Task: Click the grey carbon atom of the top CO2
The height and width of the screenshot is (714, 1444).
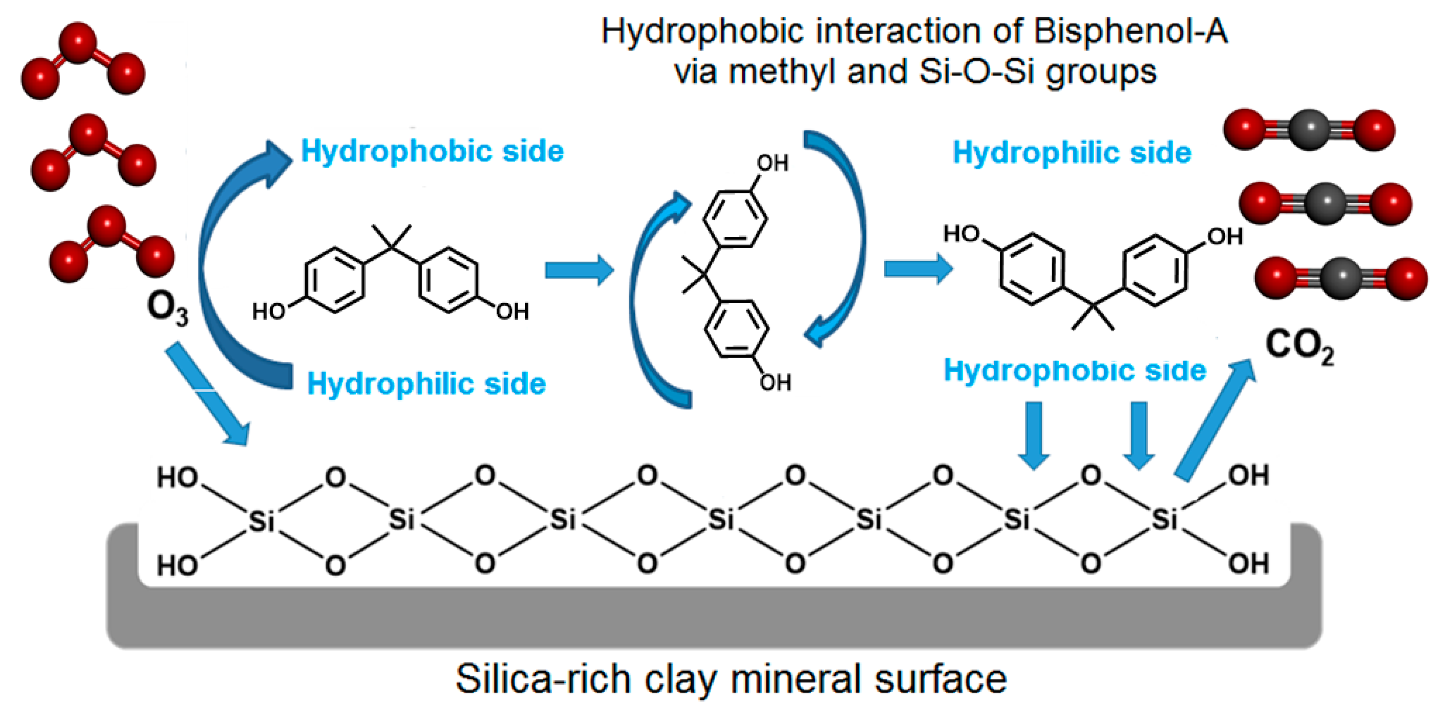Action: [x=1310, y=129]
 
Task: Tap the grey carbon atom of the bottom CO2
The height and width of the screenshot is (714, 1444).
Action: [x=1342, y=278]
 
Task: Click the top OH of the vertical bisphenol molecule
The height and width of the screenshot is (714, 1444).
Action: [x=773, y=163]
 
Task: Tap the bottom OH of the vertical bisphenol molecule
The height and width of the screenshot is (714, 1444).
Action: [x=775, y=383]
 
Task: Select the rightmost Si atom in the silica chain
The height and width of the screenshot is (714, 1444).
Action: [x=1164, y=519]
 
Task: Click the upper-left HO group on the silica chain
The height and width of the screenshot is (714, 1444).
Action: [x=177, y=478]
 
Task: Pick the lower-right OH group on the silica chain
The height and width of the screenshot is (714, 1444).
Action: [x=1248, y=564]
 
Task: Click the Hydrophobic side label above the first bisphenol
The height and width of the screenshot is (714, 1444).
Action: [x=432, y=151]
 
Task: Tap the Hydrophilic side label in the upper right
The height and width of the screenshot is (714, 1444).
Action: [x=1072, y=153]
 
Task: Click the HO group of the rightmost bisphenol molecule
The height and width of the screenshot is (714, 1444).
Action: [x=961, y=234]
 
